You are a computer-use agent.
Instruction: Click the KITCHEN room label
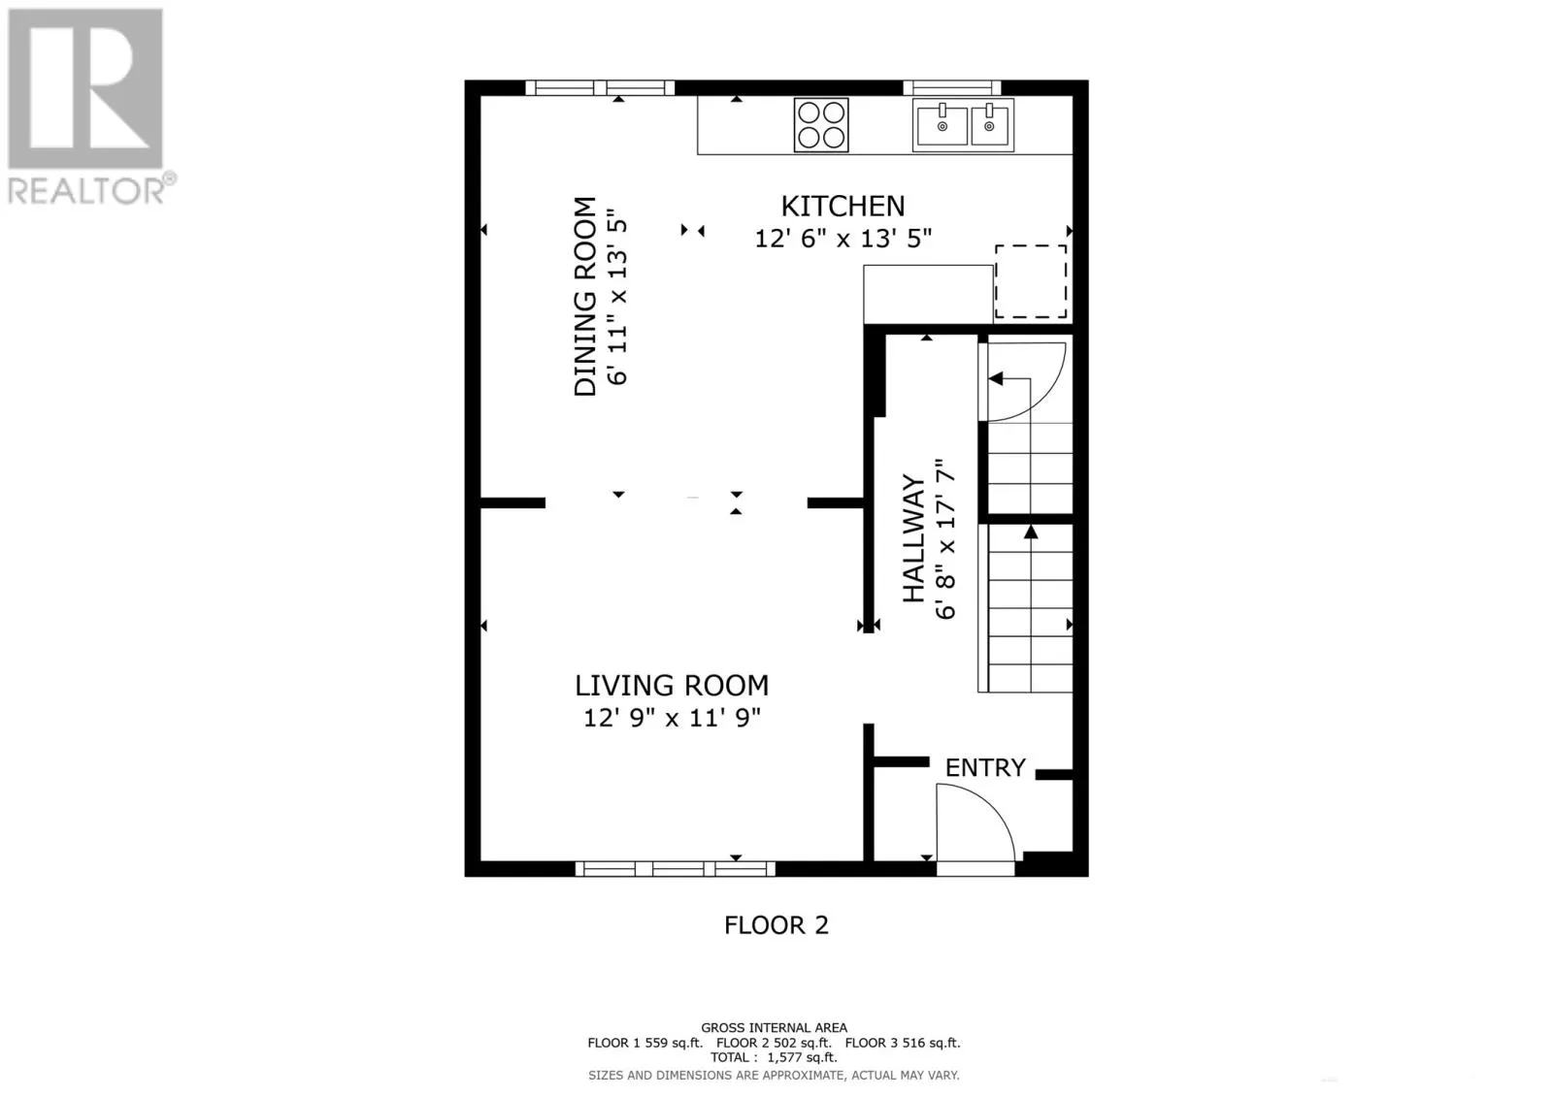click(x=843, y=206)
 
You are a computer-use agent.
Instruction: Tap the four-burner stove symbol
click(x=821, y=125)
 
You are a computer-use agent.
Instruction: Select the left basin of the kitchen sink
click(x=942, y=127)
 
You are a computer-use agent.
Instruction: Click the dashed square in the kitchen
click(x=1031, y=281)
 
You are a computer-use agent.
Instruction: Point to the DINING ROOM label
click(x=585, y=296)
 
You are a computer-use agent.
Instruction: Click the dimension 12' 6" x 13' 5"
click(x=843, y=238)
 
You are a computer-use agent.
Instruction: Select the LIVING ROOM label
click(x=672, y=686)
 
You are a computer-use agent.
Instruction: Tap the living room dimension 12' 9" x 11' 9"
click(x=672, y=719)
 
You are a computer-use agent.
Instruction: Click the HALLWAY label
click(x=913, y=538)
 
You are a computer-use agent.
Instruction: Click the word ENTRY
click(x=985, y=767)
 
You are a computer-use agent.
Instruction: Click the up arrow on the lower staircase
click(x=1031, y=532)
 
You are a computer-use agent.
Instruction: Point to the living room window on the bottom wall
click(x=675, y=868)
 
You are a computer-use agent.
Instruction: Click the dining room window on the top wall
click(x=600, y=88)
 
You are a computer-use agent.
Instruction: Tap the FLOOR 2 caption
click(x=776, y=925)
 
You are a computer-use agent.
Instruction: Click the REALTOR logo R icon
click(x=85, y=89)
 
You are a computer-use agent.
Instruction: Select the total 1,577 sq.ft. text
click(x=774, y=1057)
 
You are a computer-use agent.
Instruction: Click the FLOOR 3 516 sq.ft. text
click(x=902, y=1043)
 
